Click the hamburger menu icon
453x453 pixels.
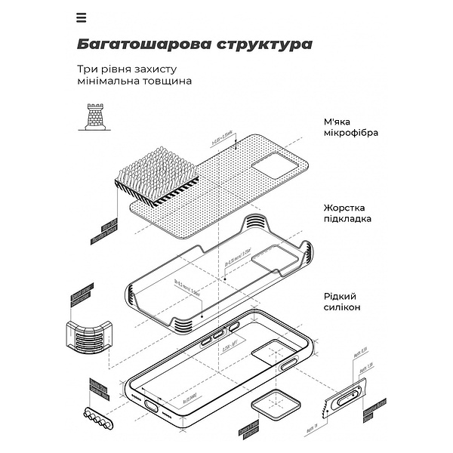(82, 17)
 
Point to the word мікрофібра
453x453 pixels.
(351, 133)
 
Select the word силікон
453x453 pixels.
(344, 308)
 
